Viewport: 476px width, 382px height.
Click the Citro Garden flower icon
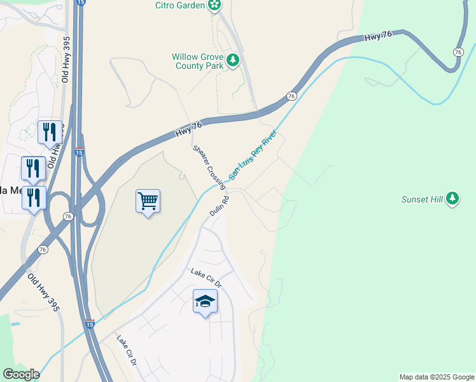click(215, 6)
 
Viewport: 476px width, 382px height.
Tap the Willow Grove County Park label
click(197, 61)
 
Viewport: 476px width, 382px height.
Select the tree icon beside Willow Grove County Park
click(234, 60)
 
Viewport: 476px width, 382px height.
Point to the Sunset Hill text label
click(421, 199)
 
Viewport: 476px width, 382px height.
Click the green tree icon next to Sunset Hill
click(452, 199)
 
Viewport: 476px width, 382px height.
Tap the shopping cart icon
click(148, 202)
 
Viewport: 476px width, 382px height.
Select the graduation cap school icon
click(205, 301)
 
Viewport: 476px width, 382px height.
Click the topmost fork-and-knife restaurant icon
click(49, 132)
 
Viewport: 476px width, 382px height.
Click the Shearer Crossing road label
click(209, 166)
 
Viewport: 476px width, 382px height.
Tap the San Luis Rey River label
click(253, 155)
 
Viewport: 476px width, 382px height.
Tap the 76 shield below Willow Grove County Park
click(291, 95)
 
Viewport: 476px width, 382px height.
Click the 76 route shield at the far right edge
click(458, 52)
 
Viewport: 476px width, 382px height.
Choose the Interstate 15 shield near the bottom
click(90, 325)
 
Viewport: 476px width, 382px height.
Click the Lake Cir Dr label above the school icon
click(205, 277)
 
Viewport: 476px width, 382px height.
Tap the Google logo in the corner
click(21, 374)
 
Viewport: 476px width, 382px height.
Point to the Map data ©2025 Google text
click(437, 377)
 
